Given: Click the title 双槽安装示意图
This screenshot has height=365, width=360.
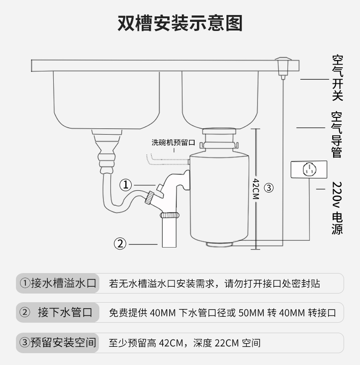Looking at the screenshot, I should tap(180, 23).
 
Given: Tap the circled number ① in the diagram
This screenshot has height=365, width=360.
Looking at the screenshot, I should tap(126, 185).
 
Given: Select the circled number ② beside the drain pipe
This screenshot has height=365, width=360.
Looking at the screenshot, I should tap(120, 243).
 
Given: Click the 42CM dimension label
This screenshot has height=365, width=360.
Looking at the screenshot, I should tap(256, 188).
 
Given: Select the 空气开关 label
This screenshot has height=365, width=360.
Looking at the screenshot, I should tap(337, 78).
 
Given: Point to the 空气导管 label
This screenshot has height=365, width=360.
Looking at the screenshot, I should tap(337, 134).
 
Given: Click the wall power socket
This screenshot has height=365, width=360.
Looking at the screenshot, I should tap(309, 170).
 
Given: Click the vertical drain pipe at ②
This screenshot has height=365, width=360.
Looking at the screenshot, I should tap(169, 232).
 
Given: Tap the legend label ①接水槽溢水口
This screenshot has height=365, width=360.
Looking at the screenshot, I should tap(58, 284).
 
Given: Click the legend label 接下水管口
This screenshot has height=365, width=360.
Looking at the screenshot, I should tap(65, 313).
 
